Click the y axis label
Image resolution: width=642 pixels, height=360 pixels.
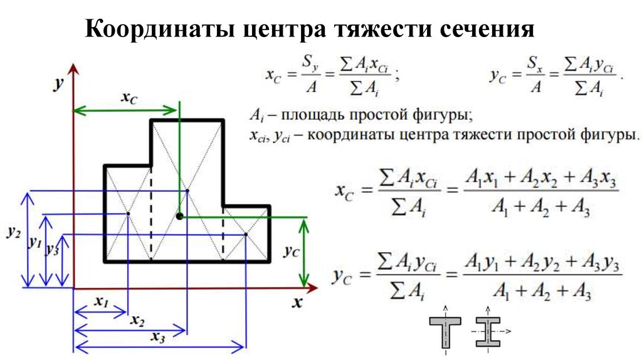click(58, 83)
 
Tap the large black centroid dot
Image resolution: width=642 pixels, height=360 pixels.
click(179, 216)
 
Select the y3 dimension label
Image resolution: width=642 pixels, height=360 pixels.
click(53, 249)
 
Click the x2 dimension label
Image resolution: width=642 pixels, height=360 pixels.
click(137, 320)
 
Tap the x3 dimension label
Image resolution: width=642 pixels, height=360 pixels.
click(158, 336)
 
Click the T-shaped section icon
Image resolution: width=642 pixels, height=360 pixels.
click(445, 331)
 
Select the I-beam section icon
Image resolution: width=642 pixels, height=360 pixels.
click(486, 331)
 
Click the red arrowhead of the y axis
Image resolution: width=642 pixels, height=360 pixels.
click(74, 67)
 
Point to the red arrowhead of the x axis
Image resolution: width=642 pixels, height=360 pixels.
click(311, 288)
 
